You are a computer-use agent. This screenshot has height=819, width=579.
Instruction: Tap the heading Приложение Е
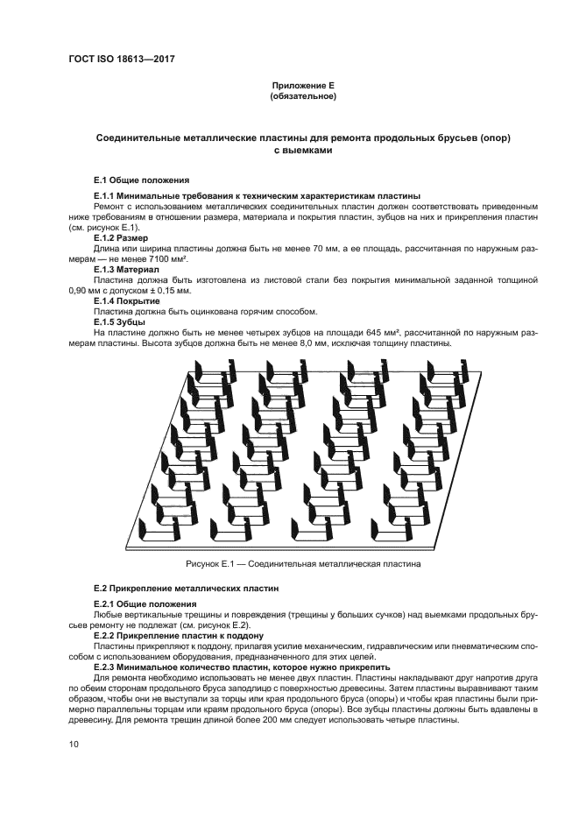(x=303, y=85)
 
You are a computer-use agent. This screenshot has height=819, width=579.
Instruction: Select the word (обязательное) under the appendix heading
(x=303, y=96)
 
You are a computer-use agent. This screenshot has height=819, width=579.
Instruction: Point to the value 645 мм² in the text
(x=383, y=333)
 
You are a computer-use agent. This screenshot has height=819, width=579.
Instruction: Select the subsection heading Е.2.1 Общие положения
(x=145, y=605)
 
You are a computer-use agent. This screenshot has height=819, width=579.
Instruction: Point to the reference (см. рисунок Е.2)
(x=218, y=626)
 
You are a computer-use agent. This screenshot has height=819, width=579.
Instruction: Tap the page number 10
(x=74, y=745)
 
